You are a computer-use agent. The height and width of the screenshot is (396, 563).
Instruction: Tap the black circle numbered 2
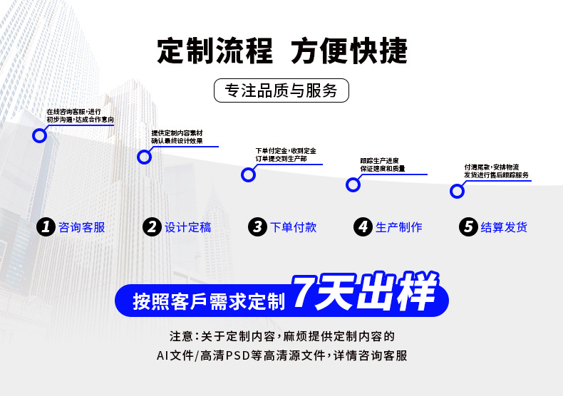(x=152, y=227)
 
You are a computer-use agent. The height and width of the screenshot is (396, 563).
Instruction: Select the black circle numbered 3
(x=257, y=227)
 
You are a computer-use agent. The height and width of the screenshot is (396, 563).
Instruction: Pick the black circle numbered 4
(x=363, y=227)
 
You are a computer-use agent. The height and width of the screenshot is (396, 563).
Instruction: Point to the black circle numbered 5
(x=468, y=227)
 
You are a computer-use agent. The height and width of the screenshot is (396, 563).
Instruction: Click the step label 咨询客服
(x=82, y=228)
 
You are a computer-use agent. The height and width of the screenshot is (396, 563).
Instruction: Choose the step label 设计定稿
(x=188, y=228)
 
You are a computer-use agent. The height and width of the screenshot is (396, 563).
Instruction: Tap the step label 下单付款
(x=294, y=228)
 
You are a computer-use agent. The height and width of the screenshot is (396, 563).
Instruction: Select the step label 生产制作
(x=399, y=228)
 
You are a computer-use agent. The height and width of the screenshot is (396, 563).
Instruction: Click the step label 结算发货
(x=505, y=228)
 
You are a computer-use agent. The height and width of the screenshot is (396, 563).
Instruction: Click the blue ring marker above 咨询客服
(x=40, y=135)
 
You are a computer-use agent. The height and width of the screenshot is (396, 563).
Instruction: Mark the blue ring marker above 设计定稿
(x=145, y=157)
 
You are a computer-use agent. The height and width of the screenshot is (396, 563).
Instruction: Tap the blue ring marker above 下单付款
(x=249, y=174)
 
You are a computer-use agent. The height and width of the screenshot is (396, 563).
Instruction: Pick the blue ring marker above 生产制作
(x=353, y=185)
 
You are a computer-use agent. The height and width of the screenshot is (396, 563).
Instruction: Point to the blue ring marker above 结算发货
(x=458, y=191)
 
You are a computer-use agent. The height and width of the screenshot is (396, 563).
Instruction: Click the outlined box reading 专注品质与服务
(x=281, y=91)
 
